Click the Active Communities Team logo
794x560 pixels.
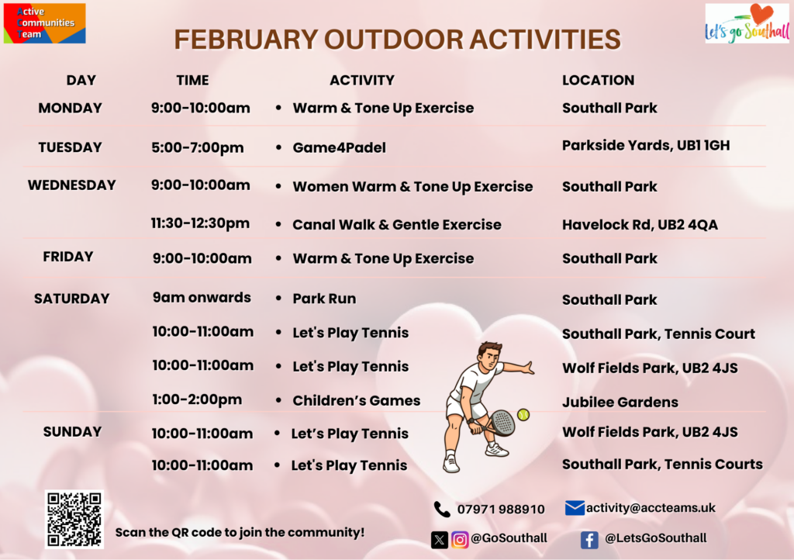[x=44, y=23]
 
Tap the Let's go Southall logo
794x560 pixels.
[x=747, y=23]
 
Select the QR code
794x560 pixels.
[x=74, y=520]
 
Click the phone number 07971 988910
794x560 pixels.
[x=501, y=510]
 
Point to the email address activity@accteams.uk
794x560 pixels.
[x=651, y=508]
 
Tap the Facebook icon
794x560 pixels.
[x=589, y=540]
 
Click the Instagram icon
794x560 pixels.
[x=460, y=540]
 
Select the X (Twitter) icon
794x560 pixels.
[x=440, y=540]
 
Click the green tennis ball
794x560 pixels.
[x=523, y=415]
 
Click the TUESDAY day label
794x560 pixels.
[x=71, y=147]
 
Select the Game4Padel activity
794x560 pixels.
[x=340, y=148]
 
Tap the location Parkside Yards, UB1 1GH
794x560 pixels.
[x=646, y=146]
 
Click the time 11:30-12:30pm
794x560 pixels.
[x=201, y=223]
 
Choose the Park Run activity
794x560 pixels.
[x=324, y=299]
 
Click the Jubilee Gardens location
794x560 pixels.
[x=620, y=402]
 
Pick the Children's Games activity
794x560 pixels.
[x=357, y=400]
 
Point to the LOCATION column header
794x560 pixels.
[x=598, y=80]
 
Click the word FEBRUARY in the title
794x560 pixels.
[x=246, y=40]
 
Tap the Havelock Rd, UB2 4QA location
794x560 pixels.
[x=640, y=225]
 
